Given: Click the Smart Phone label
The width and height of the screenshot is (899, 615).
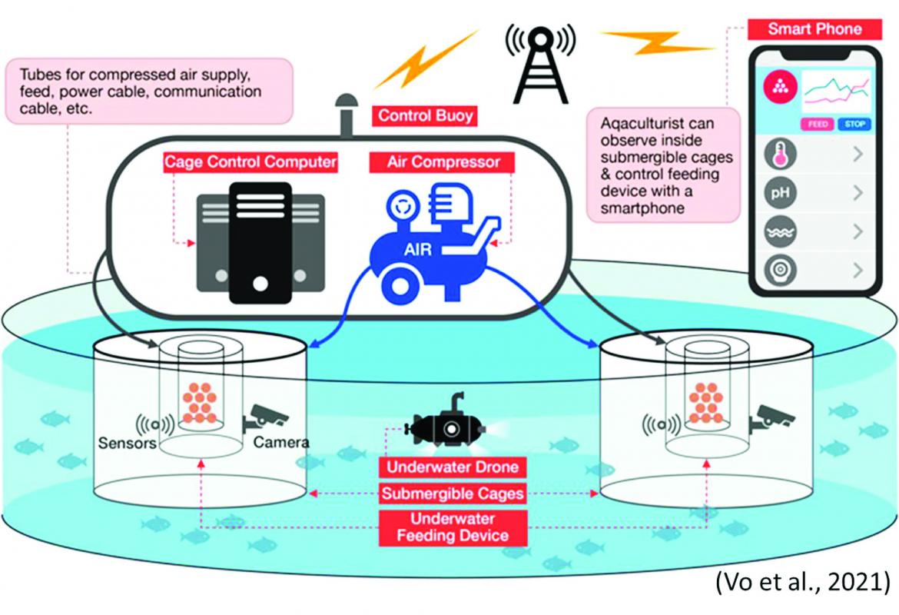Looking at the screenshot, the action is click(814, 29).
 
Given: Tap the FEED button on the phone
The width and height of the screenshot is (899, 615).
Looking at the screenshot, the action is click(817, 124).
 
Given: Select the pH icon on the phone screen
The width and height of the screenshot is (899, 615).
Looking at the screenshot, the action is click(781, 192).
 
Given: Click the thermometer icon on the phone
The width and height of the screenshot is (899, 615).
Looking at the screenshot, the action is click(781, 154).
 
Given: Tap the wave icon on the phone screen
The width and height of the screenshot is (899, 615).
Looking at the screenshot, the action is click(781, 231).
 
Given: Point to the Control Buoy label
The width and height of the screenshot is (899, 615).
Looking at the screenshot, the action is click(425, 116).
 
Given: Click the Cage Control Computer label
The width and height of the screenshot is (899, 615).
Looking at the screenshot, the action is click(250, 162).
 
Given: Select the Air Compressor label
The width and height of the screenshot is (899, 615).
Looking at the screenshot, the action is click(442, 162).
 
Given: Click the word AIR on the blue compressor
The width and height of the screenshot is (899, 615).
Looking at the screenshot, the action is click(417, 250).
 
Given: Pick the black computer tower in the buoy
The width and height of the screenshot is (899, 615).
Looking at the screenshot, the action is click(260, 243).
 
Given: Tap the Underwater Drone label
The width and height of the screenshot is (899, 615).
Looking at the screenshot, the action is click(453, 467).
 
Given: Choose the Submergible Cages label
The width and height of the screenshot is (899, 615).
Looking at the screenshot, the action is click(453, 494).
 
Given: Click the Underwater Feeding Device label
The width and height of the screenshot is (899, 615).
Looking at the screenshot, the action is click(453, 527).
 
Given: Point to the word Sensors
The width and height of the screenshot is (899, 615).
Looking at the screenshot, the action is click(128, 443).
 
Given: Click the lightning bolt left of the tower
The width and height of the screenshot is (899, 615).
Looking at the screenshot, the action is click(426, 59).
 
